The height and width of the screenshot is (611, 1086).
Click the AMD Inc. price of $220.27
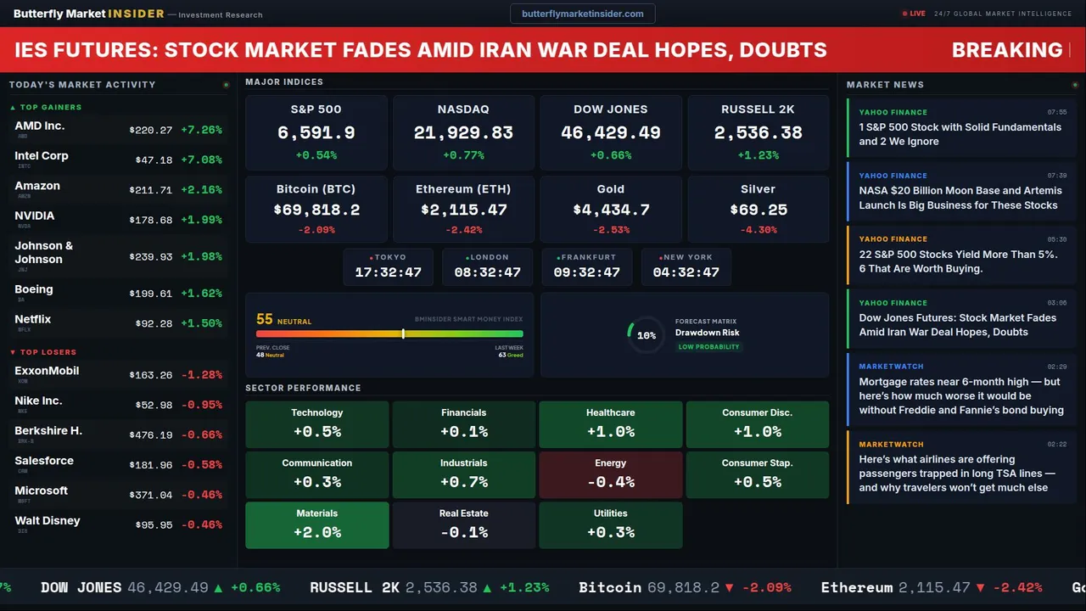point(151,130)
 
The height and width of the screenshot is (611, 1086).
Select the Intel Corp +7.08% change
point(202,160)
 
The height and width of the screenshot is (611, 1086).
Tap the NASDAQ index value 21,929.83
point(463,133)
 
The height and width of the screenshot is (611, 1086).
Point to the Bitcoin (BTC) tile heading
point(316,189)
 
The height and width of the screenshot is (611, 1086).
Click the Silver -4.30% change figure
point(758,230)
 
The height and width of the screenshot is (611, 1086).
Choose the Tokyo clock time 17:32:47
point(388,272)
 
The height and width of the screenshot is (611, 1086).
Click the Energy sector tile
point(610,474)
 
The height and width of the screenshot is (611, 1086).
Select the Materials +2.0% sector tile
point(316,524)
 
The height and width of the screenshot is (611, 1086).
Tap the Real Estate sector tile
point(463,524)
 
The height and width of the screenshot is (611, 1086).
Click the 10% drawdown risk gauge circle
point(646,335)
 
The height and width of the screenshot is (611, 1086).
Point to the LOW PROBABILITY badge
point(708,347)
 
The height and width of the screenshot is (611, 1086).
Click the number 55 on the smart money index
point(265,319)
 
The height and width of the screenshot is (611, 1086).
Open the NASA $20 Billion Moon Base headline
point(960,198)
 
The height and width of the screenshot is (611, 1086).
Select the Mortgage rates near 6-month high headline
point(960,396)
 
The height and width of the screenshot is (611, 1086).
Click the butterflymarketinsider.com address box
point(582,14)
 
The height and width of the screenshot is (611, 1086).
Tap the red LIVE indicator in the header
point(915,14)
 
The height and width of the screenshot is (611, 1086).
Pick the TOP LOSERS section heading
point(48,352)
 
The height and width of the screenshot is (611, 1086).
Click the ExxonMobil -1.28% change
point(202,374)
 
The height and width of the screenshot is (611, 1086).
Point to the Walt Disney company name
point(48,521)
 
